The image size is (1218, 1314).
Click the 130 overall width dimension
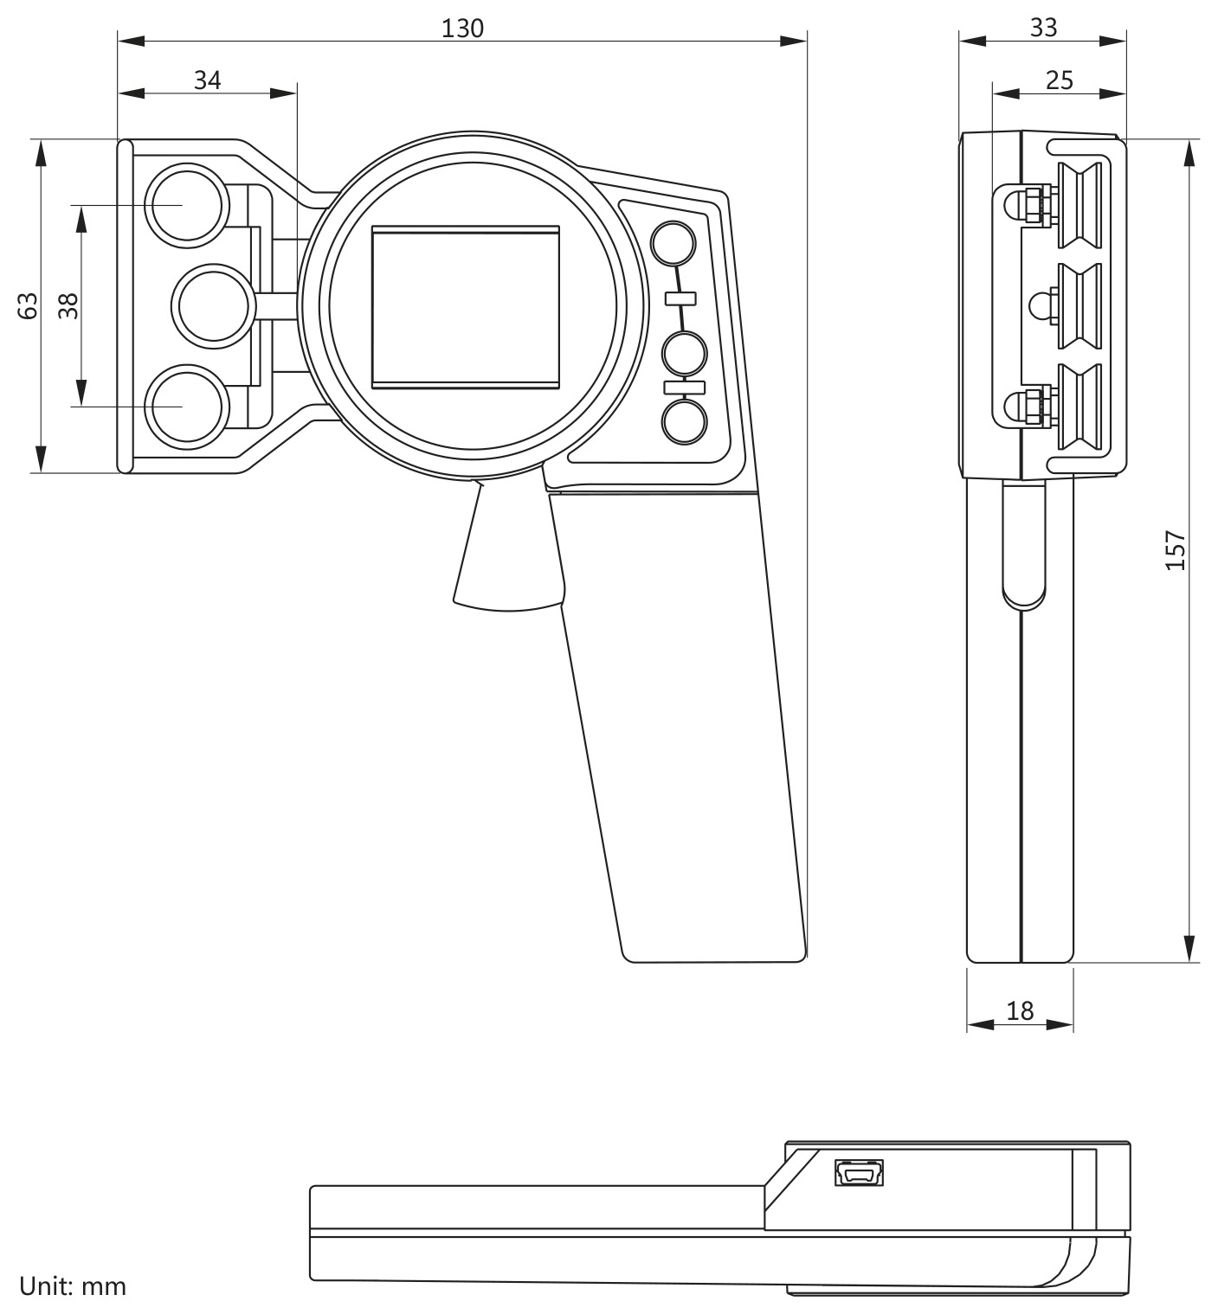462,29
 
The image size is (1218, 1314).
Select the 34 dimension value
207,80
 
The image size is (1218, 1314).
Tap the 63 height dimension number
28,305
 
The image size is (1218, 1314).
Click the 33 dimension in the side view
1043,28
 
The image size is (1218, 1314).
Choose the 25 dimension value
1059,80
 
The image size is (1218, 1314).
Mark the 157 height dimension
1175,550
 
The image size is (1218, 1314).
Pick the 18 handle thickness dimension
1019,1011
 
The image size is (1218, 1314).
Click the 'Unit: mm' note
72,1286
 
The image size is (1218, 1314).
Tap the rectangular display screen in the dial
466,307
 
